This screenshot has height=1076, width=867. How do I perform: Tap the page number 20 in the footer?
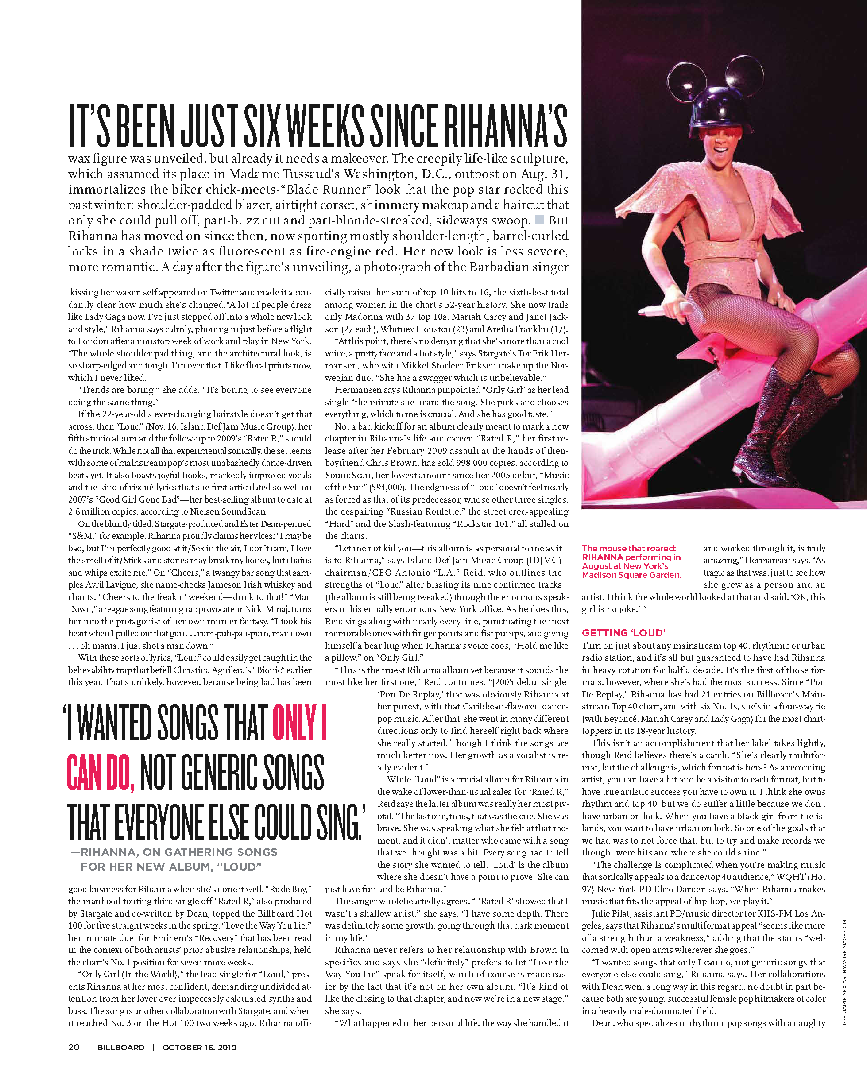74,1047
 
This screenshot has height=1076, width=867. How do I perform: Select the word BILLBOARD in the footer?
121,1048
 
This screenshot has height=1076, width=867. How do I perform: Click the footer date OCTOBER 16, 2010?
199,1048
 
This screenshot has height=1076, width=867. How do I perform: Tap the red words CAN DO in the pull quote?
100,772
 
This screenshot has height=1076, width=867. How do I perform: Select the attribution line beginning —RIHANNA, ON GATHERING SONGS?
174,852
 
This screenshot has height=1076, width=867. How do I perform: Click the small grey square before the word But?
539,220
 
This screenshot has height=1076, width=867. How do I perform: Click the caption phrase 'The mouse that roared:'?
628,548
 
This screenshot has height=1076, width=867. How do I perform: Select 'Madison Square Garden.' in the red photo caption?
631,575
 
